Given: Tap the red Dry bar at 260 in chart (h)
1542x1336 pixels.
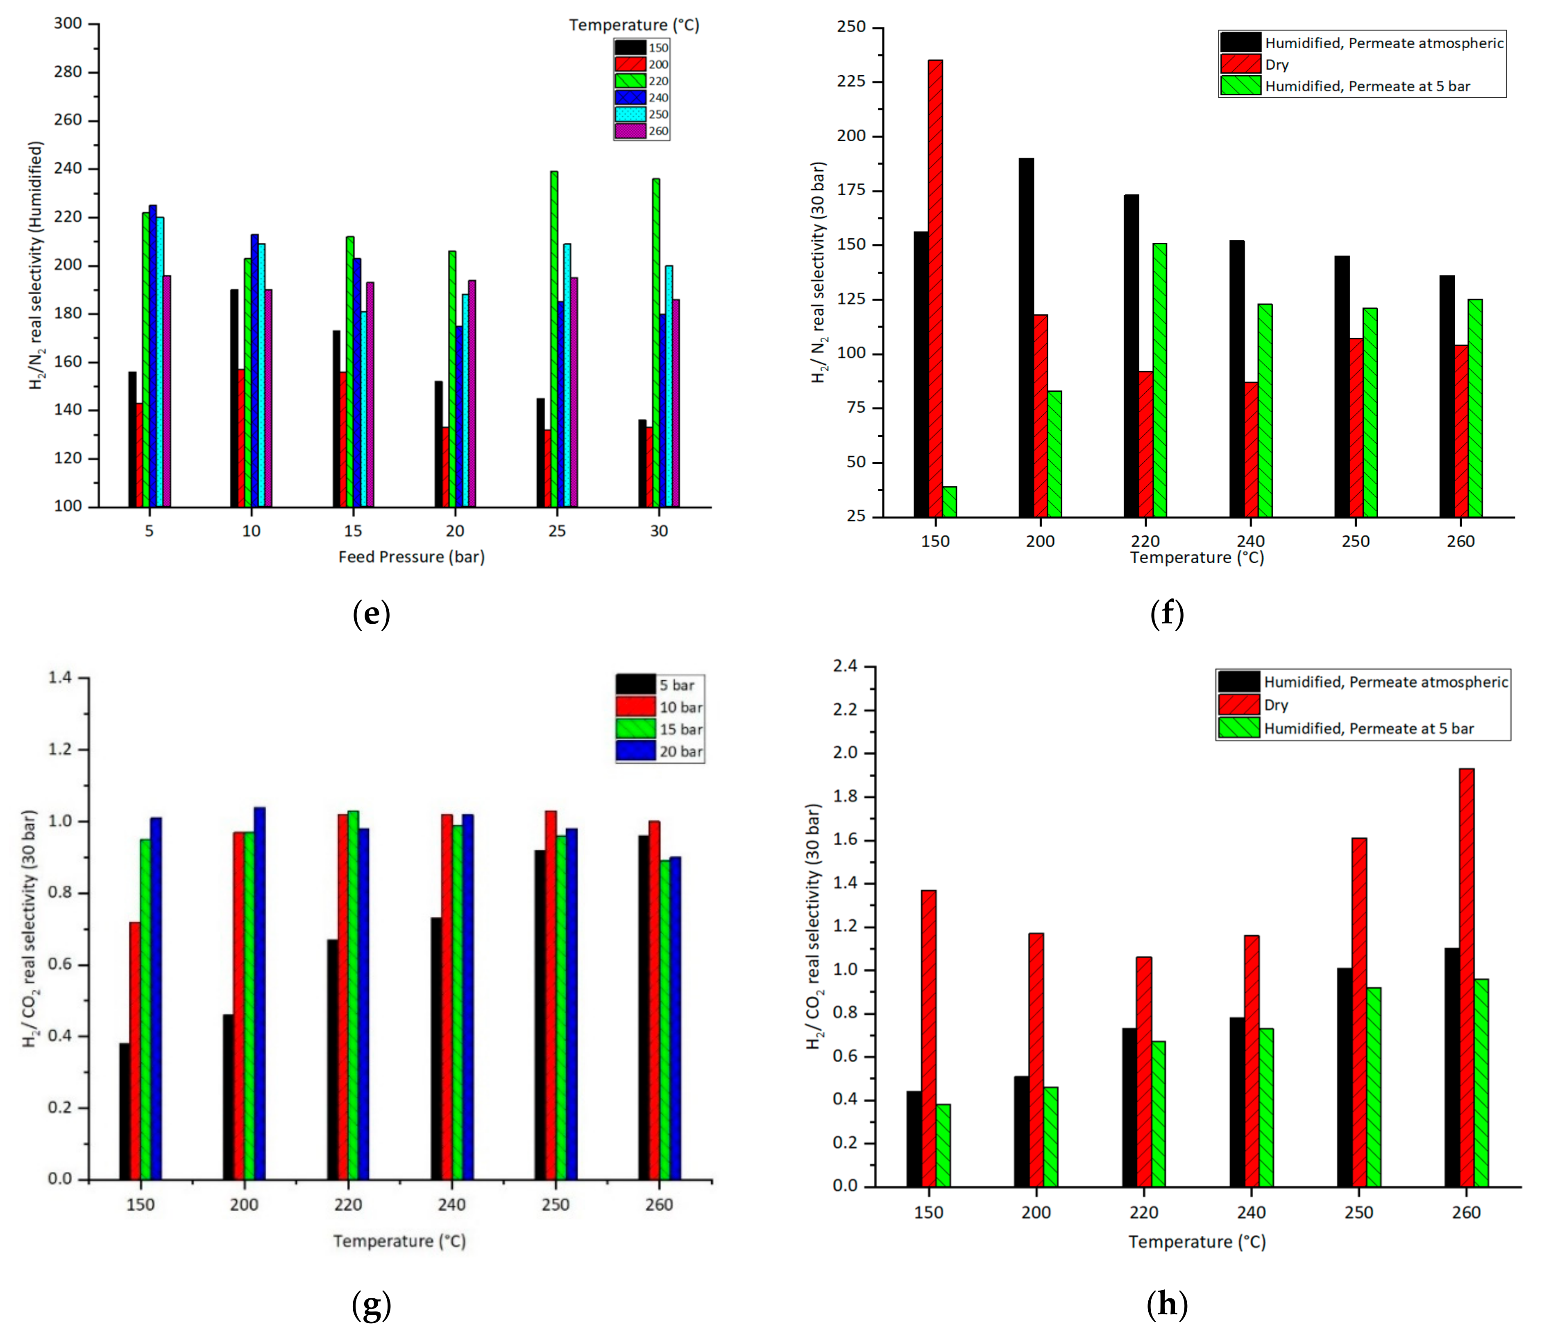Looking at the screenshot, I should point(1466,977).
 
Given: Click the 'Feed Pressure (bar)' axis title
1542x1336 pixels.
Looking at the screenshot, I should point(411,557).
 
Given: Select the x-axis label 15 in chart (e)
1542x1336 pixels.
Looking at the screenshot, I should point(353,531).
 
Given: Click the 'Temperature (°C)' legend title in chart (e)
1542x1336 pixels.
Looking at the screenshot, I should point(634,25).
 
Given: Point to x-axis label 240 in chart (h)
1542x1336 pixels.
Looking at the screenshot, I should point(1251,1212).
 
